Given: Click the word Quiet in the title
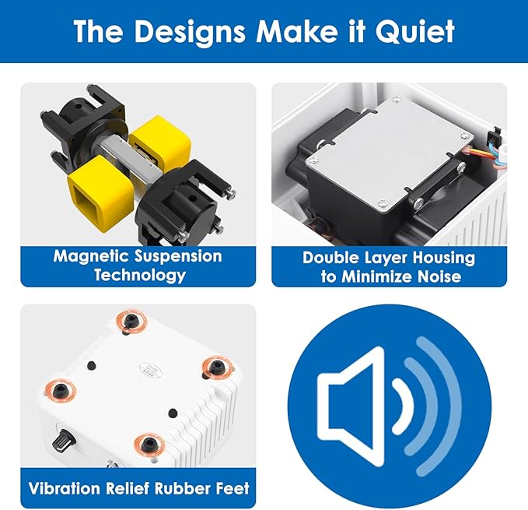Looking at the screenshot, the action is pos(415,31).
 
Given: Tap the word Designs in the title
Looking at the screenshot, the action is pos(190,32).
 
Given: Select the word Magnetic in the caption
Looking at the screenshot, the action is pos(91,256).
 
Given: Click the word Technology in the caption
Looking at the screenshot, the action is pos(140,275).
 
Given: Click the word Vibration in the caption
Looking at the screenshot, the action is pos(65,488).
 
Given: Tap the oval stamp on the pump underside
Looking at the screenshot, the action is pos(151,370).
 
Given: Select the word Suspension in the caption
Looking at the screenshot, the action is pos(178,256).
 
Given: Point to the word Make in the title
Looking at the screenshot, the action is pos(297,31).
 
